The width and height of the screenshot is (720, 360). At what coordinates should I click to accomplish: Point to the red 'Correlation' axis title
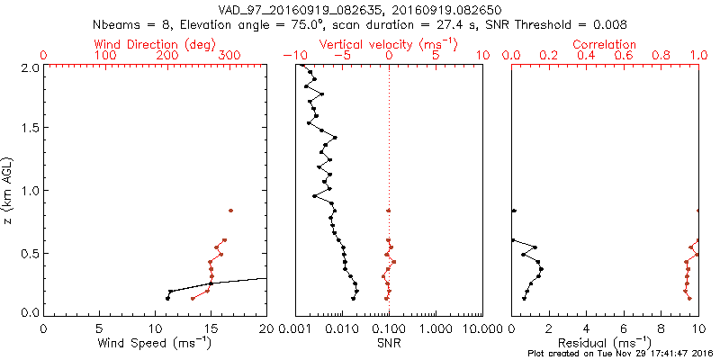pyautogui.click(x=605, y=44)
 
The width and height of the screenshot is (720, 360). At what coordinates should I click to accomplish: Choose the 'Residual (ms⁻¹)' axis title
pyautogui.click(x=605, y=343)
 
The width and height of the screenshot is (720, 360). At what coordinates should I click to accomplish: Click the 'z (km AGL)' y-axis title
pyautogui.click(x=8, y=189)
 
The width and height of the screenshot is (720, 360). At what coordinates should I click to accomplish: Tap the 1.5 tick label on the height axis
pyautogui.click(x=30, y=128)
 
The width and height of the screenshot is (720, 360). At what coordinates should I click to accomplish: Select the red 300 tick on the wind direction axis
pyautogui.click(x=229, y=56)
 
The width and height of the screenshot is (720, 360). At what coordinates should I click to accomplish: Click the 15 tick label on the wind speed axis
pyautogui.click(x=211, y=328)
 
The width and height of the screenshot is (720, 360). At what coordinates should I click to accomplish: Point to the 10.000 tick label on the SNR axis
pyautogui.click(x=482, y=328)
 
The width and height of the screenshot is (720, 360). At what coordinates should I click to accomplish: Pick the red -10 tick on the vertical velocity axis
pyautogui.click(x=292, y=56)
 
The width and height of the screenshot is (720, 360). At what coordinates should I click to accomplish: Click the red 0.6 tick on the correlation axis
pyautogui.click(x=624, y=56)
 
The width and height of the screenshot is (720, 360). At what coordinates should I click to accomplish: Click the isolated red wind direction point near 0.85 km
pyautogui.click(x=230, y=211)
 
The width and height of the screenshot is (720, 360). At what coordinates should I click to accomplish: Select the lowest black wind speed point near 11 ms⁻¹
pyautogui.click(x=167, y=299)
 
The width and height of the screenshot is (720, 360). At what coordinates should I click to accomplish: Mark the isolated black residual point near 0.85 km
pyautogui.click(x=513, y=211)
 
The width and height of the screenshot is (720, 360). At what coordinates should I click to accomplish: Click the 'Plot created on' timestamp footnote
pyautogui.click(x=620, y=354)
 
